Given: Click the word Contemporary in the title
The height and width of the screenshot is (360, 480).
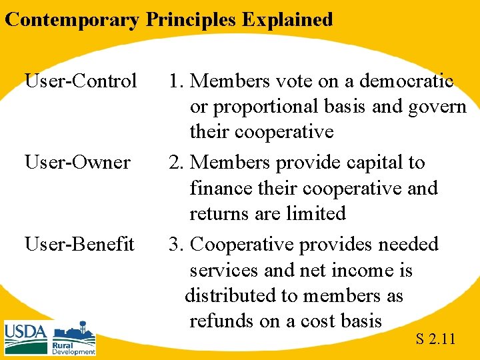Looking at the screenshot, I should [x=72, y=19].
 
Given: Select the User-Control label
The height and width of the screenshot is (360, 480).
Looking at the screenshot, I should [x=81, y=81].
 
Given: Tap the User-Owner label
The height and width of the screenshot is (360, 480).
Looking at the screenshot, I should [x=77, y=163].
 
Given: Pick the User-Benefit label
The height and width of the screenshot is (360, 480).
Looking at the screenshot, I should [x=79, y=244].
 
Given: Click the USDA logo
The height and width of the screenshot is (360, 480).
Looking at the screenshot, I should [x=26, y=337].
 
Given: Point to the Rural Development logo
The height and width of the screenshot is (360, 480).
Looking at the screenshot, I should [x=74, y=339].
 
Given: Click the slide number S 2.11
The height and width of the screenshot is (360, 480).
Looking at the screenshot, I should [x=435, y=339].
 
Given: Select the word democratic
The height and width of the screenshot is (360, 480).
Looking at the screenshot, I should [x=406, y=81].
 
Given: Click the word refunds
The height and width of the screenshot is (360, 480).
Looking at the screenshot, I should [x=222, y=321].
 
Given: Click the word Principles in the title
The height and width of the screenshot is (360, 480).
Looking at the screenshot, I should [x=191, y=19].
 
